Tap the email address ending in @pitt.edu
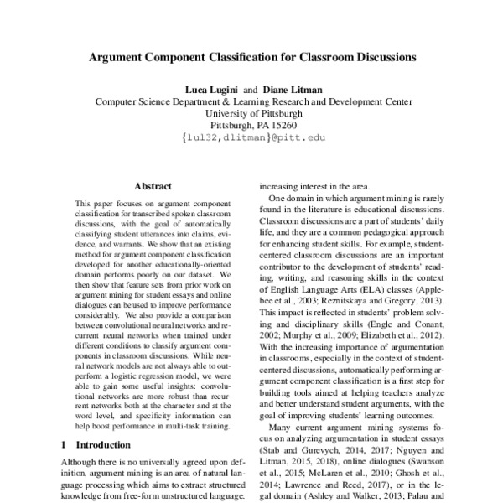(x=251, y=137)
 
